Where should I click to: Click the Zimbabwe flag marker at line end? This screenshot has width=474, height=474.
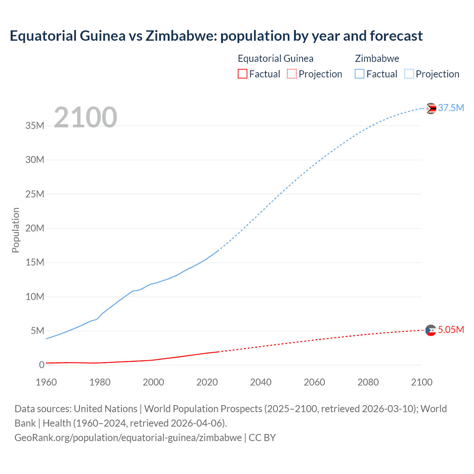tap(431, 108)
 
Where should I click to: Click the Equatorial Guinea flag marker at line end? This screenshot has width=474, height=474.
tap(431, 330)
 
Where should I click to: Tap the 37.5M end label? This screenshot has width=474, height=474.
tap(451, 108)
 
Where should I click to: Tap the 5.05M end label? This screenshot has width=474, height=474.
tap(451, 330)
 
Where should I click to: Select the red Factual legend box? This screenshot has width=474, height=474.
tap(242, 74)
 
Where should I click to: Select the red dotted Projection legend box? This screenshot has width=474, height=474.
tap(292, 74)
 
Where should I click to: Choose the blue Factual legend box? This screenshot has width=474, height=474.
tap(360, 74)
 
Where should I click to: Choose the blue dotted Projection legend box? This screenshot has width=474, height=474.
tap(409, 74)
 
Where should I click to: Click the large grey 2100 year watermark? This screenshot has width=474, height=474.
tap(86, 117)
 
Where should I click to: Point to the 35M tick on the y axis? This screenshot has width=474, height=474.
tap(35, 126)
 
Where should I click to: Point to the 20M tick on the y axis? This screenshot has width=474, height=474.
tap(35, 228)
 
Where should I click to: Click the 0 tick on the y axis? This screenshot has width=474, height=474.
tap(41, 365)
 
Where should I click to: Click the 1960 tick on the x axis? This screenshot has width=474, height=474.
tap(46, 382)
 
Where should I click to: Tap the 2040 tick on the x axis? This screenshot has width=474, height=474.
tap(261, 382)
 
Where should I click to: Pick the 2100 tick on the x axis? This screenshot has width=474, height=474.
tap(421, 382)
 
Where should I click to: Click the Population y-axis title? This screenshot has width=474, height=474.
tap(16, 230)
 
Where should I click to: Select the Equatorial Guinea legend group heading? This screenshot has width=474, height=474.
tap(276, 59)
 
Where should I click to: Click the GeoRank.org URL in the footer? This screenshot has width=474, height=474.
tap(128, 437)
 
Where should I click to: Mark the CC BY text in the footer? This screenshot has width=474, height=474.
tap(262, 437)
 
